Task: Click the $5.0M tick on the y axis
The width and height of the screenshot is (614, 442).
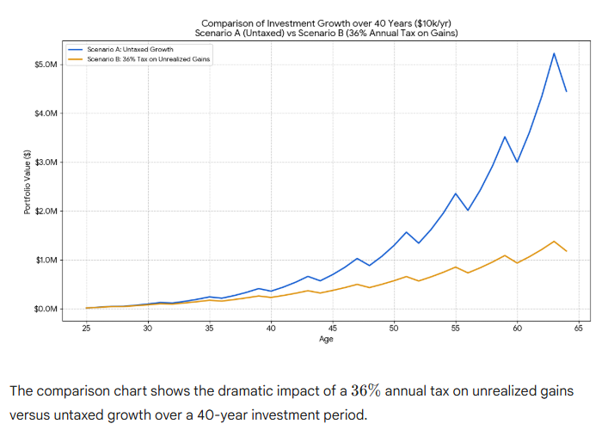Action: click(46, 64)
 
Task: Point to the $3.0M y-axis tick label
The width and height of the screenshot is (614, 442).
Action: click(46, 163)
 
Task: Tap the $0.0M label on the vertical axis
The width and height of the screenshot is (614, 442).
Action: click(46, 309)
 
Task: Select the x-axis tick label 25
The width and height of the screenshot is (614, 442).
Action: click(87, 328)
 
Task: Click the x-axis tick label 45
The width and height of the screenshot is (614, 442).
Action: click(332, 328)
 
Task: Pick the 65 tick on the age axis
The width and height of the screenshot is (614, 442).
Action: click(578, 328)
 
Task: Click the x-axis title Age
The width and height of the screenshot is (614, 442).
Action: click(326, 339)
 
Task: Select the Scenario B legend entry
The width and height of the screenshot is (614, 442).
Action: click(149, 58)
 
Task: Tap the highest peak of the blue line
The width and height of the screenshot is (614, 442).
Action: click(554, 53)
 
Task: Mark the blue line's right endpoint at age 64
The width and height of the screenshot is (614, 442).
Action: click(566, 91)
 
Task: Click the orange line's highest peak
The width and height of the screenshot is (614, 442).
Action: click(554, 242)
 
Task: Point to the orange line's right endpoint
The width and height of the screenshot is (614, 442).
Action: click(566, 251)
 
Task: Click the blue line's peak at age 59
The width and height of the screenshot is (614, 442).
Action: click(505, 137)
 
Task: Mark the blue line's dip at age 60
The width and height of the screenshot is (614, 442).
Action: click(517, 162)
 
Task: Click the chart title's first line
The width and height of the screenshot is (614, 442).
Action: click(326, 22)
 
